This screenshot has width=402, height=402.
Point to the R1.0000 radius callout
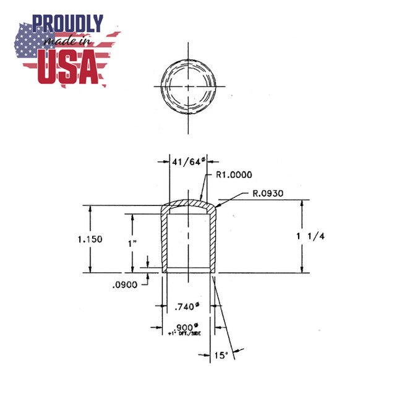pos(234,175)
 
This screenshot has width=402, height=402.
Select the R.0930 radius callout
pos(267,194)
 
